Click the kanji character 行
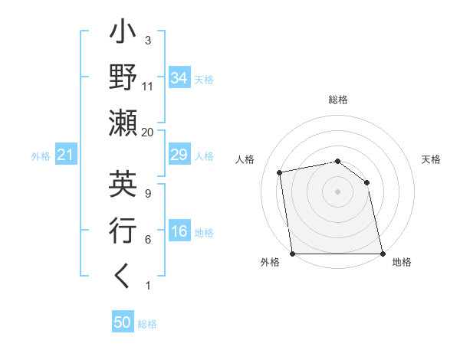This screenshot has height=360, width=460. (x=123, y=231)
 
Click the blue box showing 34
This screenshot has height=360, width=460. (x=179, y=77)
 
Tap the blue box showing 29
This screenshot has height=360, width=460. (x=179, y=155)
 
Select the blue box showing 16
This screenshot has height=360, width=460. (x=179, y=232)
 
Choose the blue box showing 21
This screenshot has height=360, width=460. (x=66, y=155)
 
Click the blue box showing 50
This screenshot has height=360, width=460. (x=122, y=322)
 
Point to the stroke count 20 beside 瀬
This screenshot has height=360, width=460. (x=147, y=132)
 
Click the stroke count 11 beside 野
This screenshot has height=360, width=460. (x=147, y=86)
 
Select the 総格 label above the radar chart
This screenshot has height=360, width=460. (x=338, y=100)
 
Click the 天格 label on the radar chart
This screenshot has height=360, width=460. (x=432, y=159)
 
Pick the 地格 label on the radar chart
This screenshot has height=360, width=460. (x=402, y=262)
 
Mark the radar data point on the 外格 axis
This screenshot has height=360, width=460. (x=292, y=253)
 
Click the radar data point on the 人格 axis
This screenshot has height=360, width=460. (x=281, y=172)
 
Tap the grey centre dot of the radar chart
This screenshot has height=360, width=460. (x=338, y=191)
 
